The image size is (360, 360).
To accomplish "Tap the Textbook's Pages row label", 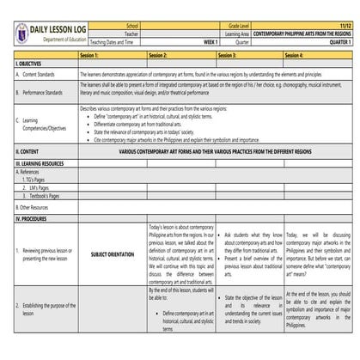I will click(43, 196).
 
